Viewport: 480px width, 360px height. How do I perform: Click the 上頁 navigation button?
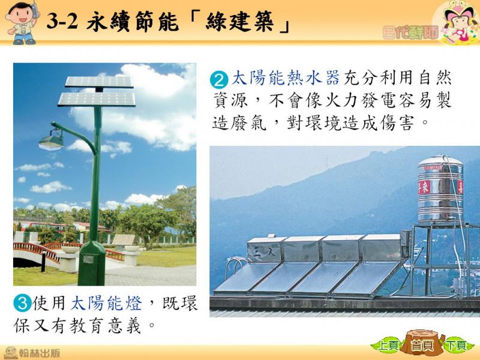coord(388,346)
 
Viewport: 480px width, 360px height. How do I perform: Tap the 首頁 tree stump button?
coord(422,343)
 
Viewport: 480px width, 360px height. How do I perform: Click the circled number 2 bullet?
coord(219,80)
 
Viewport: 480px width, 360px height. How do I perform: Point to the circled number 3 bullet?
coord(22,303)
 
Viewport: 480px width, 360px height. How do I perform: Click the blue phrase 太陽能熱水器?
coord(286,78)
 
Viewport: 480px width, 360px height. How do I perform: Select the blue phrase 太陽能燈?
coord(106,303)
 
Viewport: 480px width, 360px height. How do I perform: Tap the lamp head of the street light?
coord(51,141)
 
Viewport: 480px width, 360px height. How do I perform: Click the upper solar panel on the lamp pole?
coord(100,82)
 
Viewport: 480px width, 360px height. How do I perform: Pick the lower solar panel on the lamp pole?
coord(97,100)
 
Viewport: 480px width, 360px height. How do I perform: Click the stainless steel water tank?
coord(440,188)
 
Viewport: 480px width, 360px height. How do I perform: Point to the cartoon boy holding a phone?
coord(22,23)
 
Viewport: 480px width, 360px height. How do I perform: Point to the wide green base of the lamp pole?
coord(92,263)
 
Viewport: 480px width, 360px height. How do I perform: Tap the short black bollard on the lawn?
coord(43,260)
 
